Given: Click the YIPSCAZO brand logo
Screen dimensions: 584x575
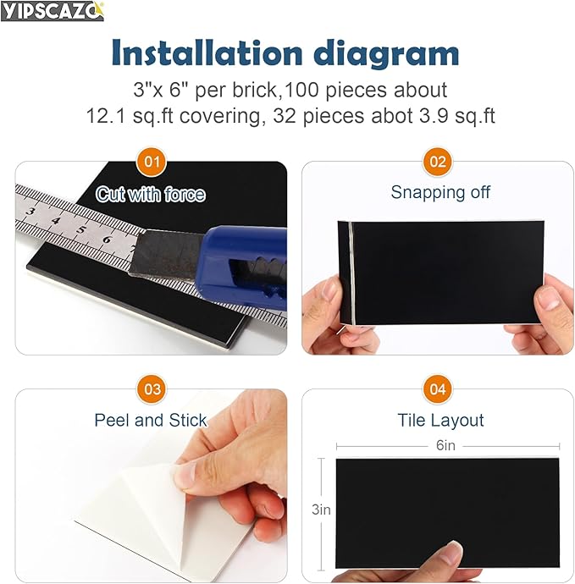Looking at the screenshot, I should point(53,12).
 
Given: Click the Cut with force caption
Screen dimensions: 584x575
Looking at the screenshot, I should point(151,195).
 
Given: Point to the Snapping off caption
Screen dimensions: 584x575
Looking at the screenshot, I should point(440,192).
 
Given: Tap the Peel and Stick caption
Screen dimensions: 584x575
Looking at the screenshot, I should point(150,420).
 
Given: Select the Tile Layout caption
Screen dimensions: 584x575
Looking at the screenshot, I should point(440,420).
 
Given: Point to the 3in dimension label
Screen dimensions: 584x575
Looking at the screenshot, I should point(320,510).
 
